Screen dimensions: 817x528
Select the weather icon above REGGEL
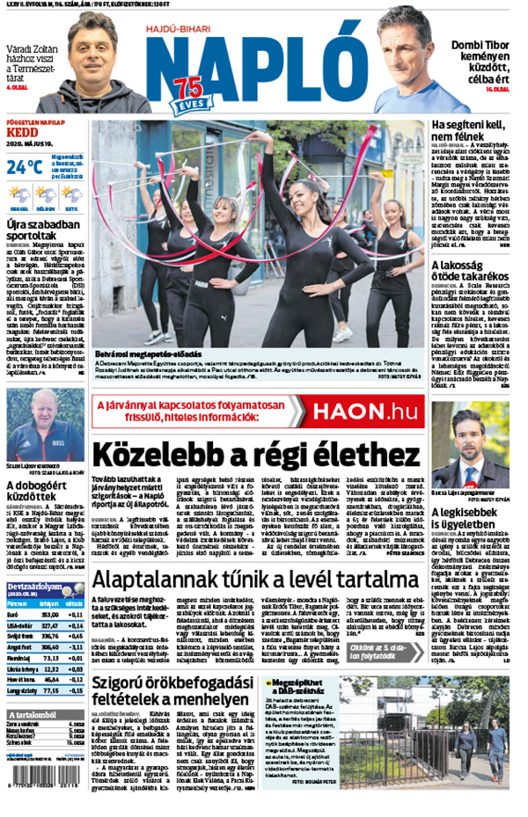[19, 194]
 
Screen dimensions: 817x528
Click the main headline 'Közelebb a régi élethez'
[255, 455]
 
